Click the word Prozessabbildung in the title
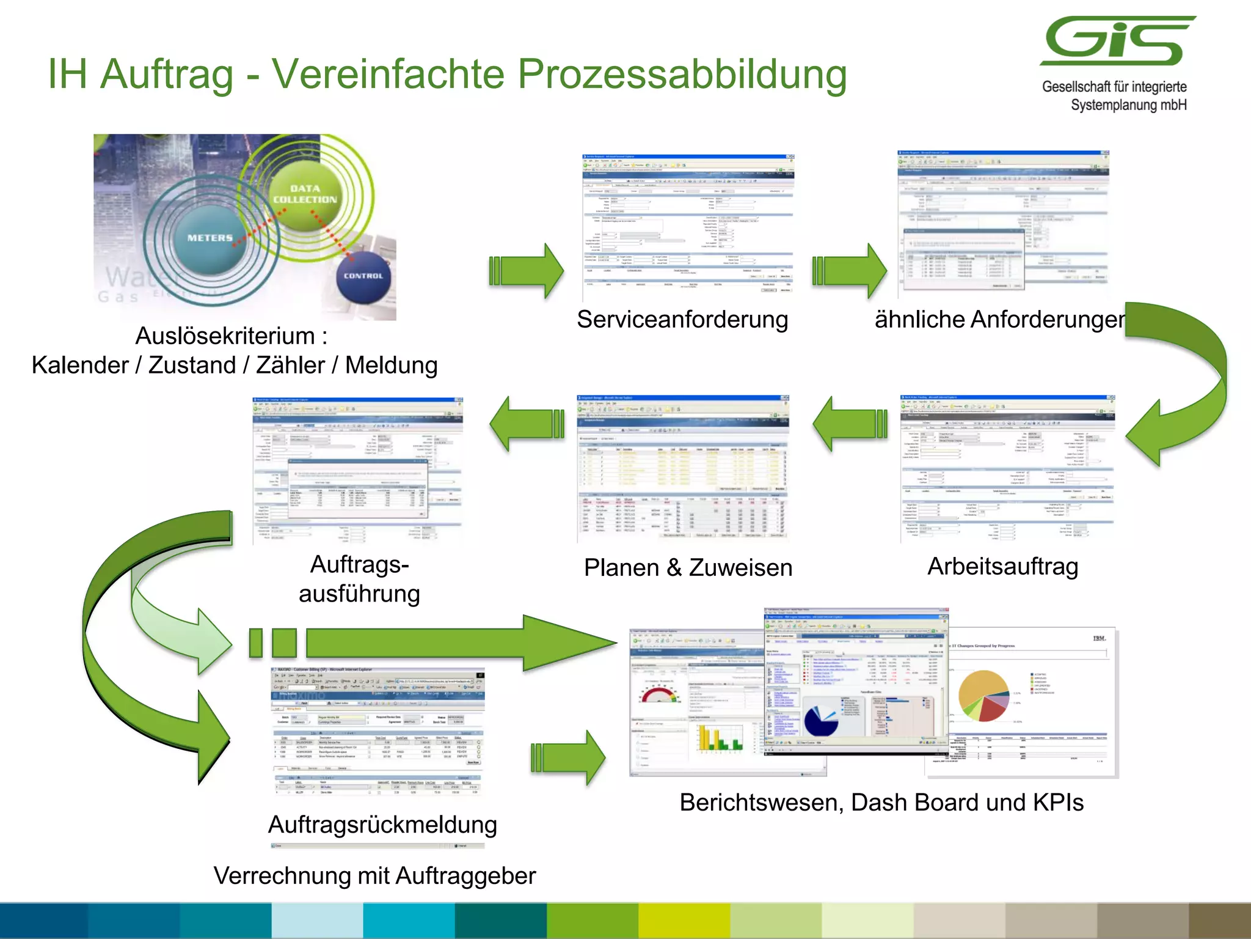pyautogui.click(x=682, y=75)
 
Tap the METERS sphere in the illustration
pyautogui.click(x=210, y=238)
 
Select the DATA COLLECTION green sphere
pyautogui.click(x=305, y=194)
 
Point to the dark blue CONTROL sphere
pyautogui.click(x=363, y=276)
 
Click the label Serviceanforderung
pyautogui.click(x=682, y=320)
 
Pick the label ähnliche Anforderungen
pyautogui.click(x=1000, y=320)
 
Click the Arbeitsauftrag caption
pyautogui.click(x=1002, y=566)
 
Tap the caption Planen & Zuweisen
pyautogui.click(x=688, y=568)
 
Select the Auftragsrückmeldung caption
pyautogui.click(x=382, y=825)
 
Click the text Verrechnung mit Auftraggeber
pyautogui.click(x=374, y=875)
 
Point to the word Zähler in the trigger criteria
pyautogui.click(x=290, y=366)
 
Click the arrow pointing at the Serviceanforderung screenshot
pyautogui.click(x=527, y=271)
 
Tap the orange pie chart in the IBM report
pyautogui.click(x=983, y=694)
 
